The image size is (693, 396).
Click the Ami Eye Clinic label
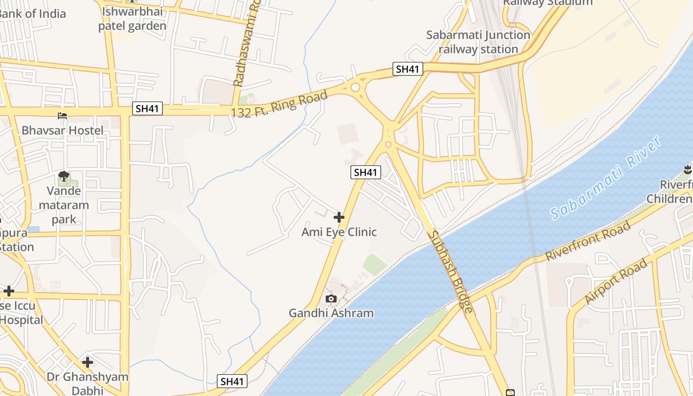click(x=339, y=232)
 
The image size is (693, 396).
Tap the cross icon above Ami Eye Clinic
click(x=339, y=217)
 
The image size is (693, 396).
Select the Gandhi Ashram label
click(x=331, y=313)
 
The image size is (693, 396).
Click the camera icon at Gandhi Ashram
click(x=331, y=298)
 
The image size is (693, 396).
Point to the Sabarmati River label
click(x=606, y=178)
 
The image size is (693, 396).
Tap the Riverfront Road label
click(x=588, y=241)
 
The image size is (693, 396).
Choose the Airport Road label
click(x=616, y=282)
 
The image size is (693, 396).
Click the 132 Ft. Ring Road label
click(x=280, y=104)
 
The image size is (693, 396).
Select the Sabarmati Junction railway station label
click(x=479, y=42)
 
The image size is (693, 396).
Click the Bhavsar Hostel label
click(x=62, y=130)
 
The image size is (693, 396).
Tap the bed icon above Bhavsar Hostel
click(x=62, y=116)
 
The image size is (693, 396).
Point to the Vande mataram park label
click(x=64, y=205)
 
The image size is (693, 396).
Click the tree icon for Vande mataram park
click(x=64, y=176)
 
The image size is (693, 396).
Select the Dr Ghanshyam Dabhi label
click(x=88, y=383)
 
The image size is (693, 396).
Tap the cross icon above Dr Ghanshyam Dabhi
click(x=88, y=362)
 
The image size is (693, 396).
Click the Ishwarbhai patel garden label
click(x=132, y=18)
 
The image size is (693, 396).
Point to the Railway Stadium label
click(x=547, y=2)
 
